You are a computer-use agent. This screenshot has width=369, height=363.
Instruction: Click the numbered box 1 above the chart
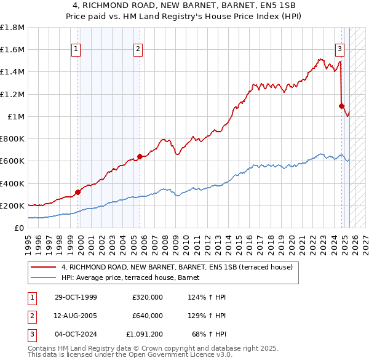pos(76,49)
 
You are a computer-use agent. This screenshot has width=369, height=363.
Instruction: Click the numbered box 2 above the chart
pos(138,49)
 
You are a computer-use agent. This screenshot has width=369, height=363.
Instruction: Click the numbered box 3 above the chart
pos(339,49)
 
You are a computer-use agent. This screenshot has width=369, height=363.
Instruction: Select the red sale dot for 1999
pos(78,192)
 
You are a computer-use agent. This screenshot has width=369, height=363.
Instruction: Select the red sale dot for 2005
pos(140,156)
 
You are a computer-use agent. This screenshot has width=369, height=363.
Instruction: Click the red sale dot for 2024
pos(341,106)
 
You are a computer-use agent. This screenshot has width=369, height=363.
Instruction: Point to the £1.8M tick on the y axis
pos(13,28)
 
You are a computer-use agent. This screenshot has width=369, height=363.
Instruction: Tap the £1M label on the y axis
pos(17,116)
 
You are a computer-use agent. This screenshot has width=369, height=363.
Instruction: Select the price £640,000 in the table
pos(148,316)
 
